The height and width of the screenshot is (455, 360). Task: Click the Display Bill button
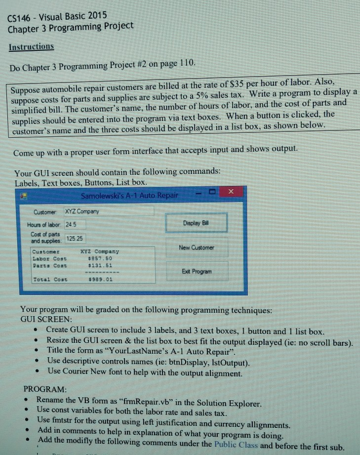tap(196, 223)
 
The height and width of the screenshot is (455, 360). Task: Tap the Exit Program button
tap(196, 271)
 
